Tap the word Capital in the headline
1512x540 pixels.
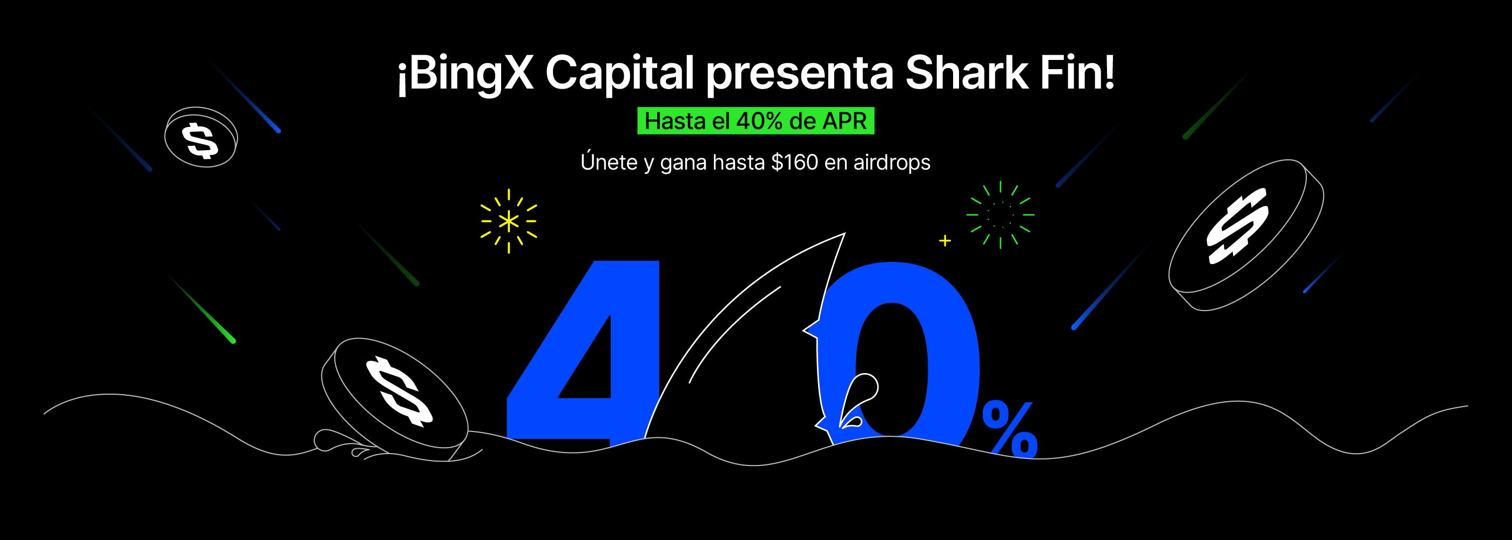[x=620, y=74]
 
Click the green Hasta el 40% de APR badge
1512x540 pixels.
[x=755, y=121]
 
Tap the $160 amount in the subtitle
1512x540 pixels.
[x=794, y=162]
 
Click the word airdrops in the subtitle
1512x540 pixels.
[x=892, y=163]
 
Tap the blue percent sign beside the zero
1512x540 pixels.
[x=1010, y=428]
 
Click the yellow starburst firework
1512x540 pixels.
[x=508, y=221]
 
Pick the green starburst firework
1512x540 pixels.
[x=1000, y=215]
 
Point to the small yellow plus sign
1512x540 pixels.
[x=945, y=241]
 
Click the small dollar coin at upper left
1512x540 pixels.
[x=201, y=137]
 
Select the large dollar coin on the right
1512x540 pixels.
[x=1246, y=234]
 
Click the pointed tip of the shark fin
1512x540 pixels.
[x=844, y=234]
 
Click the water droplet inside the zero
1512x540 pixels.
[x=858, y=399]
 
